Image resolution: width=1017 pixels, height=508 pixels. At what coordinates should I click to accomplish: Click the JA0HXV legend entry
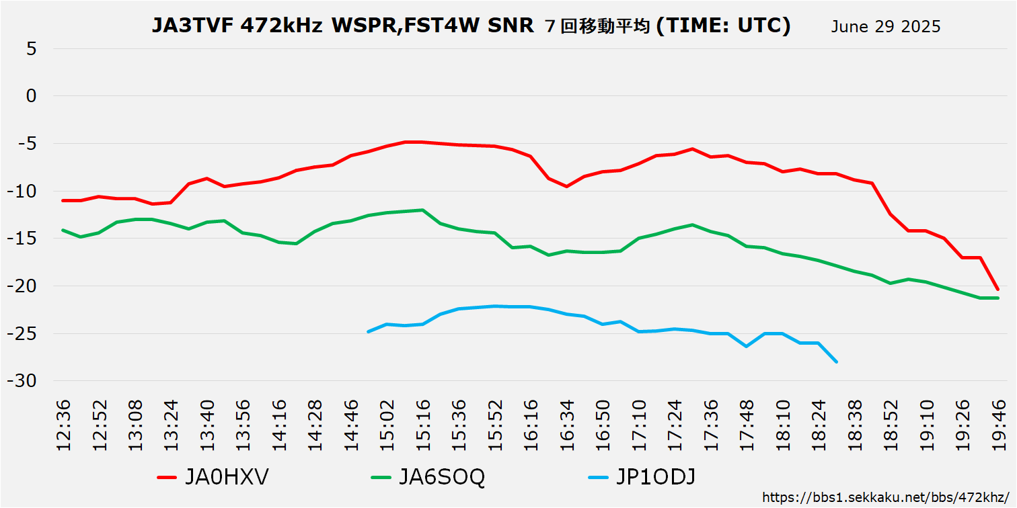[x=213, y=477]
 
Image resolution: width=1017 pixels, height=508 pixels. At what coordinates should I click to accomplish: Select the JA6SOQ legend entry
[x=428, y=477]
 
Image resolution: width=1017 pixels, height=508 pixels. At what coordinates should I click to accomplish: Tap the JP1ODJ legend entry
[x=642, y=477]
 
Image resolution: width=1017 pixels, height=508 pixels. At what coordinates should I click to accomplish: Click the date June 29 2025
[x=885, y=27]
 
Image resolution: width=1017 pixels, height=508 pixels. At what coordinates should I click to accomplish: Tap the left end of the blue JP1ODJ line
[x=368, y=331]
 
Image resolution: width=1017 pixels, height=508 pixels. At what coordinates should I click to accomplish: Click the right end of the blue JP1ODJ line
[x=836, y=362]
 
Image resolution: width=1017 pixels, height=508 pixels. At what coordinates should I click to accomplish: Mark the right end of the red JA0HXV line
[x=997, y=289]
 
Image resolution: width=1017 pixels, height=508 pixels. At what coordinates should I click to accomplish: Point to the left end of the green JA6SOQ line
[x=63, y=230]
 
